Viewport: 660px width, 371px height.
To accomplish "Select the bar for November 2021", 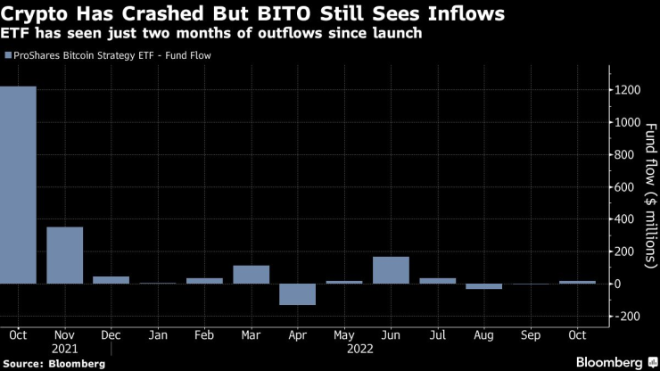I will pos(64,255).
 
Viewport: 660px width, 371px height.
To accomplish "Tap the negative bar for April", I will pos(297,294).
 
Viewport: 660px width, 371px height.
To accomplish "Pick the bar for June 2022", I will pos(391,270).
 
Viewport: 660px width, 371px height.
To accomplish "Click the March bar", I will pos(251,275).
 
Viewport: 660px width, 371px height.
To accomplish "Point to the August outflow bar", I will pos(483,286).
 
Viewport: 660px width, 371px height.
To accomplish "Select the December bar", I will pos(111,280).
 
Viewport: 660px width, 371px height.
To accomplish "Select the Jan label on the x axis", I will pos(158,335).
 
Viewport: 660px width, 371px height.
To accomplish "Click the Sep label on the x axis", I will pos(530,335).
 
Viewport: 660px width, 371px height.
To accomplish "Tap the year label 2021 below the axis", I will pos(65,350).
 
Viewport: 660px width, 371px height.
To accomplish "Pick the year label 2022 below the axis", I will pos(344,350).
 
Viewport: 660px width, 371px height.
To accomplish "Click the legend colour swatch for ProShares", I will pos(8,55).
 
